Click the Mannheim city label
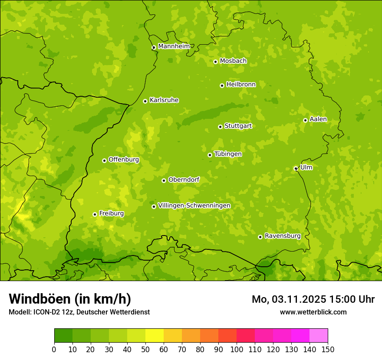[174, 46]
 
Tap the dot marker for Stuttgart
[220, 127]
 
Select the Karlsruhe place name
[164, 100]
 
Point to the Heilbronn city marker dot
[222, 85]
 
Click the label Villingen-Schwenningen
[194, 206]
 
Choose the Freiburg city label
[111, 213]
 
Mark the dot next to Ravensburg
[260, 237]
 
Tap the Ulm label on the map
[306, 167]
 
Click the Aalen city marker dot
[305, 120]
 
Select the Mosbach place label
[233, 61]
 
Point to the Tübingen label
[228, 154]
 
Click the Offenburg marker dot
[104, 160]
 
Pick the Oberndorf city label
[184, 180]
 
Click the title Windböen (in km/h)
[70, 299]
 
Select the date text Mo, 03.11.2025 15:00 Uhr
[313, 299]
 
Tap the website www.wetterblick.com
[313, 312]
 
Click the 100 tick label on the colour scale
[237, 349]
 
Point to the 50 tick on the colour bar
[145, 349]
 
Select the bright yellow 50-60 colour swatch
[155, 336]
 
